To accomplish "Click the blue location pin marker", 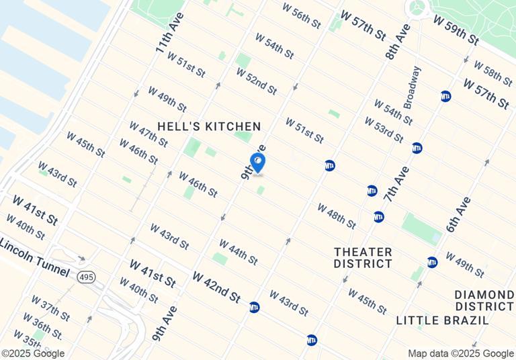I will click(x=257, y=163).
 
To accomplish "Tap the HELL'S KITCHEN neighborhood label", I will click(x=209, y=126).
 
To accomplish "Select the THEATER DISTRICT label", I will click(x=363, y=257).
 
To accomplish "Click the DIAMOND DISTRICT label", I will click(x=484, y=301).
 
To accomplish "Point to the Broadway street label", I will click(x=411, y=87).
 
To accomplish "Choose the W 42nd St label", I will click(x=216, y=286).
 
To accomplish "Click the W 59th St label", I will click(x=456, y=30).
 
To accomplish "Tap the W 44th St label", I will click(x=238, y=251).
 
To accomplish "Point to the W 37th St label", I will click(x=50, y=307).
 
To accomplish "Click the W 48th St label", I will click(x=336, y=215).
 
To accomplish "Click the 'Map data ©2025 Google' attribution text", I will click(x=461, y=353).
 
